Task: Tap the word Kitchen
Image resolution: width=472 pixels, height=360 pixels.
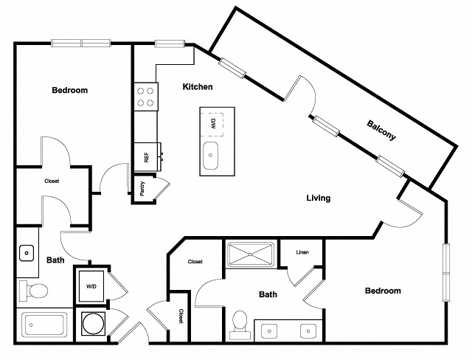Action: (x=198, y=87)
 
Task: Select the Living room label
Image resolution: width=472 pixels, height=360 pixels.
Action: (x=319, y=198)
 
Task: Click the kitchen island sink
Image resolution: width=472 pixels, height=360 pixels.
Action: (x=211, y=156)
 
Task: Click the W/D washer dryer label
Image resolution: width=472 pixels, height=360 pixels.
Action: (x=91, y=285)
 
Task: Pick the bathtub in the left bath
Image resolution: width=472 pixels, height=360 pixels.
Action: (x=44, y=325)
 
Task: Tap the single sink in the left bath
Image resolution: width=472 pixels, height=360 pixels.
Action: (x=27, y=253)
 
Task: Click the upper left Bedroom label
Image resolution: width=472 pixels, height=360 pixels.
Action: (x=69, y=91)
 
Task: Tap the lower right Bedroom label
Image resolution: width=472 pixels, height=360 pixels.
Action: (x=383, y=291)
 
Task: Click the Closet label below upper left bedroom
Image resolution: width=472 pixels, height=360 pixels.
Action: (x=52, y=181)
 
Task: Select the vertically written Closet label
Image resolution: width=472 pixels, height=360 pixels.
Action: (x=181, y=316)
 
